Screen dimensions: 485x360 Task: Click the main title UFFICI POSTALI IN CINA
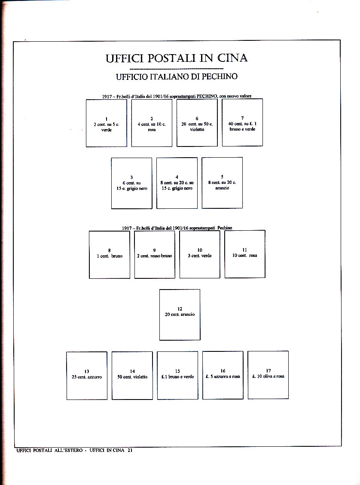point(177,58)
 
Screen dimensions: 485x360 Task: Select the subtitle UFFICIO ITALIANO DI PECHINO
point(177,77)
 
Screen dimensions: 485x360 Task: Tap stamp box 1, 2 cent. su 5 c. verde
point(107,123)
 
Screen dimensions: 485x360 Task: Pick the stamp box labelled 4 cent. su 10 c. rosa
point(152,123)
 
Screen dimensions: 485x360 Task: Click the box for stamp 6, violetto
point(197,123)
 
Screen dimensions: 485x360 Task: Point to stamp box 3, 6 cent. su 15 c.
point(131,183)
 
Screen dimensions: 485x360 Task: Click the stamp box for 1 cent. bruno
point(110,254)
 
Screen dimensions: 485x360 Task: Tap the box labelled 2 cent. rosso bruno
point(155,254)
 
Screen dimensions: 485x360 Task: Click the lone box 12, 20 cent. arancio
point(180,314)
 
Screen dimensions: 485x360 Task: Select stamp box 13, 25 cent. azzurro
point(87,375)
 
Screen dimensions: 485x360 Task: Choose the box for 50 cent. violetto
point(132,375)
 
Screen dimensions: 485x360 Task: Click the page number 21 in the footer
point(129,450)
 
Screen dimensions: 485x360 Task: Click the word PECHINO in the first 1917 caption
point(207,96)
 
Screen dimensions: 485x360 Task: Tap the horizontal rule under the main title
point(176,69)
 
